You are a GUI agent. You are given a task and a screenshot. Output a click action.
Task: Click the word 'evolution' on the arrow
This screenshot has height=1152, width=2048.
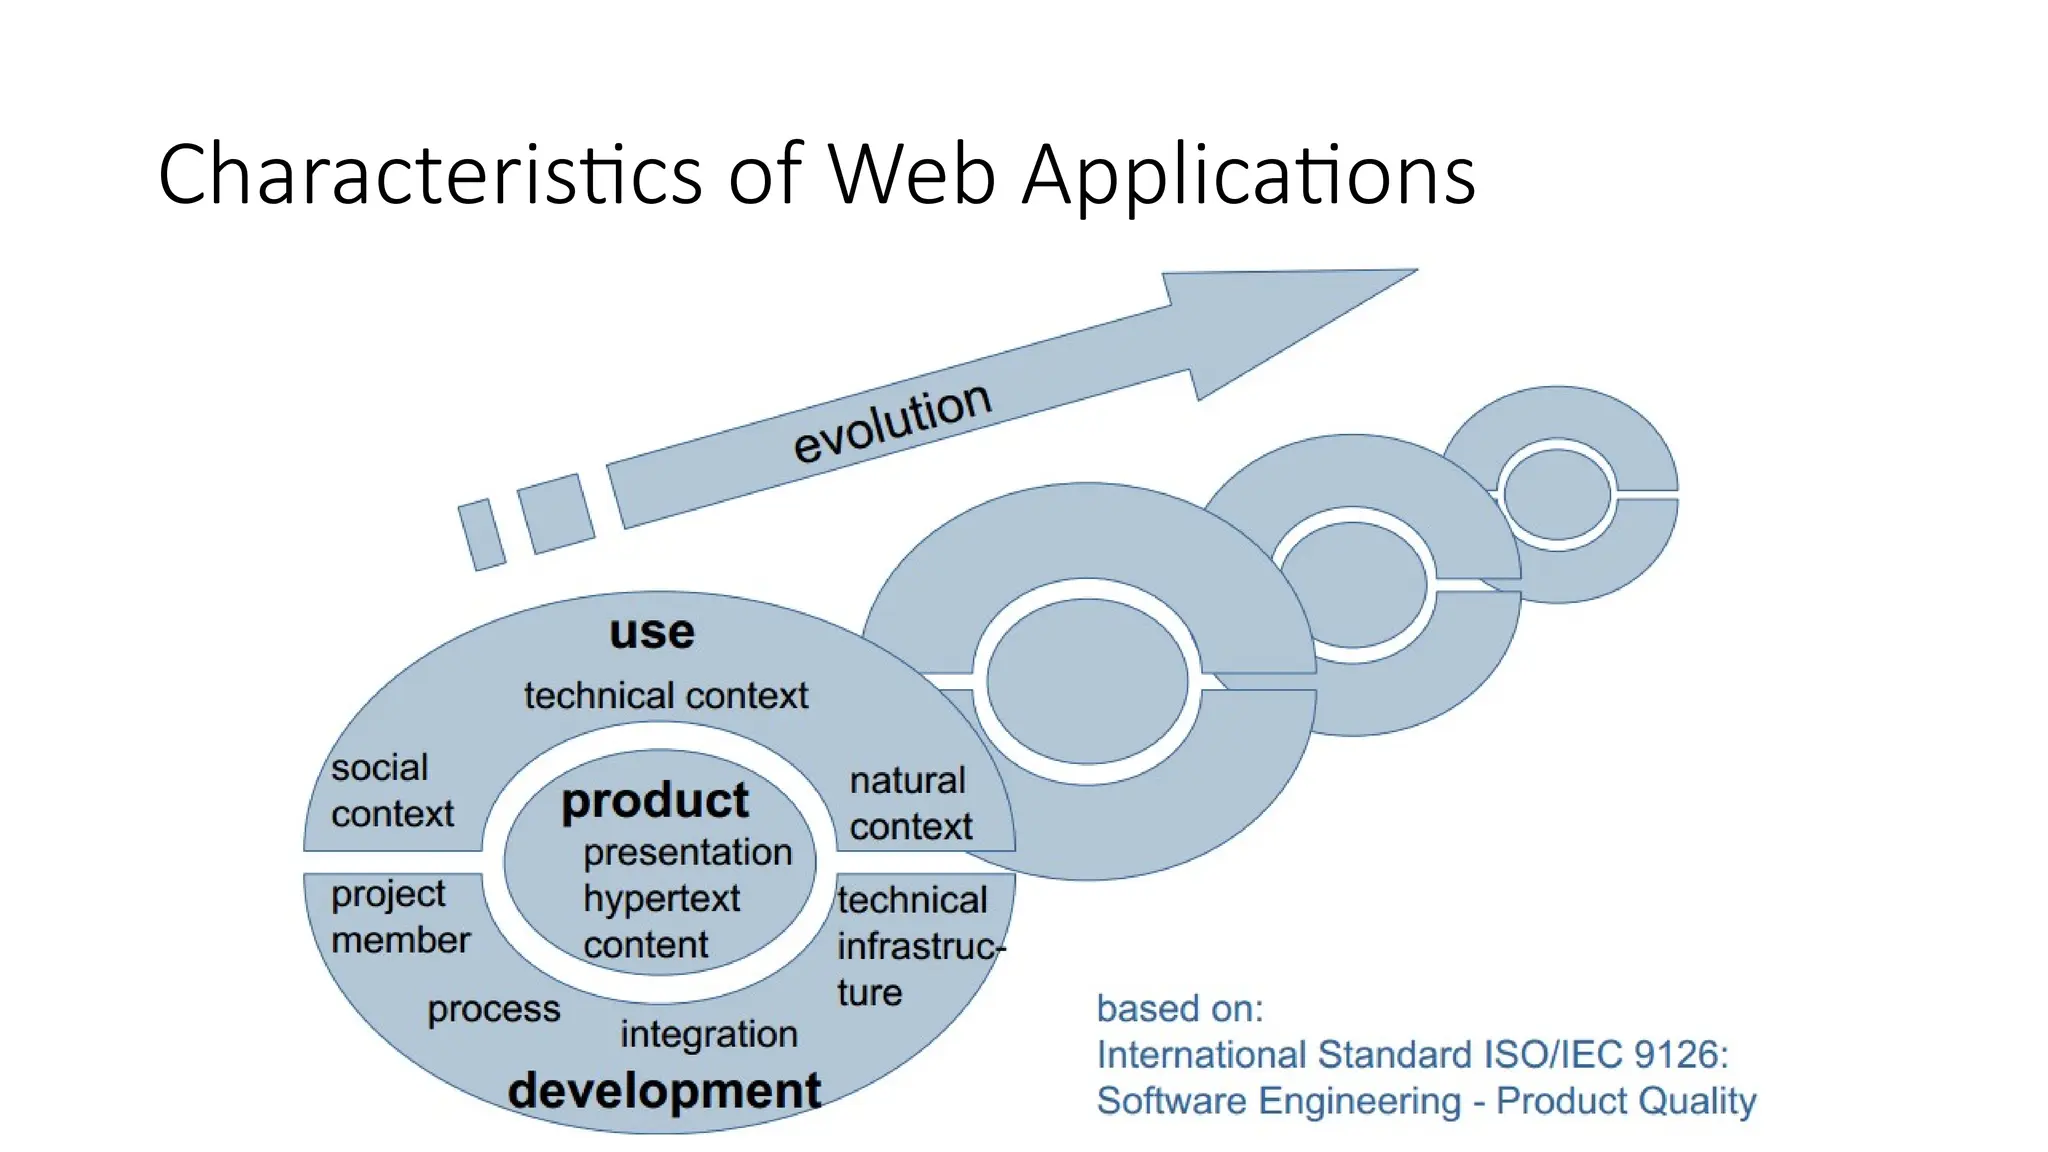point(892,423)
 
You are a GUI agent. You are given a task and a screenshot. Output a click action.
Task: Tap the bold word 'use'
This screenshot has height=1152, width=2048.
point(652,632)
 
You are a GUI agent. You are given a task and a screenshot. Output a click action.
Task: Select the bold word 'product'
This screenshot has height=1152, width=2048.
point(655,801)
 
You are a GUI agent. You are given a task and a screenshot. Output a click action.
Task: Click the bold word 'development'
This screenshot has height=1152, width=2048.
point(664,1090)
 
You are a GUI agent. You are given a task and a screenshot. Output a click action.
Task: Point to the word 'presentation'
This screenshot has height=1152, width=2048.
point(688,852)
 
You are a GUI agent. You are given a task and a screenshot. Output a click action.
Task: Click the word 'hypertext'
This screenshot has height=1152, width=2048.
point(661,898)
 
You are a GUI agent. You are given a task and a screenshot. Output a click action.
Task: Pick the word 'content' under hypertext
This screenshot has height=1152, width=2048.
point(645,944)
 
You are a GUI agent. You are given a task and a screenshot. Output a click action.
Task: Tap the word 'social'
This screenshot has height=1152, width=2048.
point(379,768)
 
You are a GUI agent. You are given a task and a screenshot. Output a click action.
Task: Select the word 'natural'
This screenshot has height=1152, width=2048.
point(907,780)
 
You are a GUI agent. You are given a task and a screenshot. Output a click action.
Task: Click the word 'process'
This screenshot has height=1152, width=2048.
point(494,1010)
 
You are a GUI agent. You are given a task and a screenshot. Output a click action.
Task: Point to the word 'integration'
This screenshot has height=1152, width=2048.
point(708,1034)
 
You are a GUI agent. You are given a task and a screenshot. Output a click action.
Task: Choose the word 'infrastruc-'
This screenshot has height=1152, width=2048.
point(920,946)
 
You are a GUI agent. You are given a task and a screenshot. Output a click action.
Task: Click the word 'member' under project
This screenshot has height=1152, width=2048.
point(400,940)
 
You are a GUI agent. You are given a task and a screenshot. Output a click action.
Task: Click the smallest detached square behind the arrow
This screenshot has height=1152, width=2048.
point(482,535)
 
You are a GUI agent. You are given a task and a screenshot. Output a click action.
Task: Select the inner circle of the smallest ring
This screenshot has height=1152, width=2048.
point(1557,494)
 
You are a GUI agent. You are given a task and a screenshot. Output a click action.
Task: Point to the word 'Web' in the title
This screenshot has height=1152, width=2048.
point(912,175)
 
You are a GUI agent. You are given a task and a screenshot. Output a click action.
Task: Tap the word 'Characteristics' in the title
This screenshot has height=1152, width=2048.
point(430,175)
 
